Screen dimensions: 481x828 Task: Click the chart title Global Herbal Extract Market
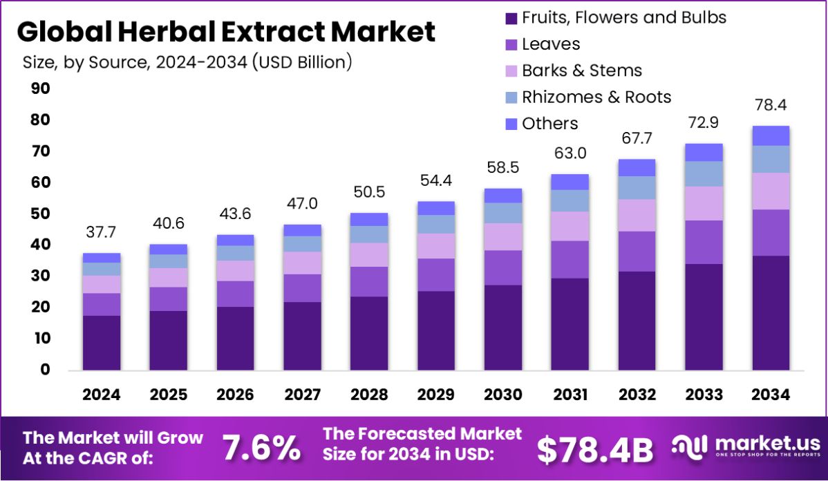coord(226,32)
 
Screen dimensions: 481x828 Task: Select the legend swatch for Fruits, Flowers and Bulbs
coord(511,18)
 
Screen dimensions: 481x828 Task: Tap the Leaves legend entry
coord(551,44)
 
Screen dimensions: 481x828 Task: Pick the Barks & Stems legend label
coord(581,70)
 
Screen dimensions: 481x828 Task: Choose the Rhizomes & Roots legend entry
coord(596,97)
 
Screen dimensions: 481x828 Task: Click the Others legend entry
coord(549,124)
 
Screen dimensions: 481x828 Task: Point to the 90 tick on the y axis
coord(40,88)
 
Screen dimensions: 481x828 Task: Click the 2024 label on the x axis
coord(102,395)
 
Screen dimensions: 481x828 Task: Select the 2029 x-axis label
coord(436,395)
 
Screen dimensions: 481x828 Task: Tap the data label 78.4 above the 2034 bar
coord(771,106)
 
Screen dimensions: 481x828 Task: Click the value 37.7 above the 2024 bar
coord(102,233)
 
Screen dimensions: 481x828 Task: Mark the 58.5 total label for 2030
coord(503,168)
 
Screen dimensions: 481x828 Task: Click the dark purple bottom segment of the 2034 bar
coord(771,312)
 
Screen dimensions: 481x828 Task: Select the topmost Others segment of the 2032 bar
coord(637,168)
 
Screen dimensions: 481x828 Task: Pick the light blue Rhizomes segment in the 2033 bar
coord(704,173)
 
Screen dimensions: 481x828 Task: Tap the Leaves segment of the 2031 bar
coord(570,259)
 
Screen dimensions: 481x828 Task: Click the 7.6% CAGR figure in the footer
coord(261,449)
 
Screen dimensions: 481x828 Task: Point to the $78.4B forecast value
coord(595,449)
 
